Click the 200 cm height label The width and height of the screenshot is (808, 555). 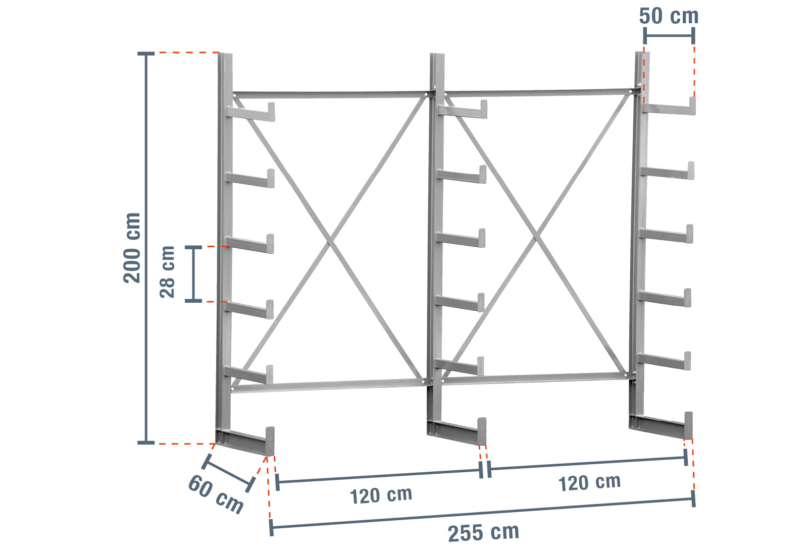[x=132, y=248]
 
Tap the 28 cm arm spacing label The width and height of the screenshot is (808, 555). [x=167, y=272]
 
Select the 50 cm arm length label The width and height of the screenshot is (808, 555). [x=669, y=16]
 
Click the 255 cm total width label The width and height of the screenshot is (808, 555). [x=483, y=533]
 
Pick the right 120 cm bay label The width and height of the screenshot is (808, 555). [x=589, y=482]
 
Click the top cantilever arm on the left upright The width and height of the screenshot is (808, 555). [x=250, y=113]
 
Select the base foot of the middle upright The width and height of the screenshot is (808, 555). [x=457, y=432]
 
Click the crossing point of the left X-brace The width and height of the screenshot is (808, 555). [x=329, y=242]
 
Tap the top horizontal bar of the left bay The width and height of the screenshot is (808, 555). [x=330, y=95]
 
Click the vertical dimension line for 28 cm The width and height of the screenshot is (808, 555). [x=194, y=273]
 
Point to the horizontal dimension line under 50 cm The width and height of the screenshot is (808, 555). [x=669, y=36]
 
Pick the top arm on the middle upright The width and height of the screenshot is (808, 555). [x=463, y=110]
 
